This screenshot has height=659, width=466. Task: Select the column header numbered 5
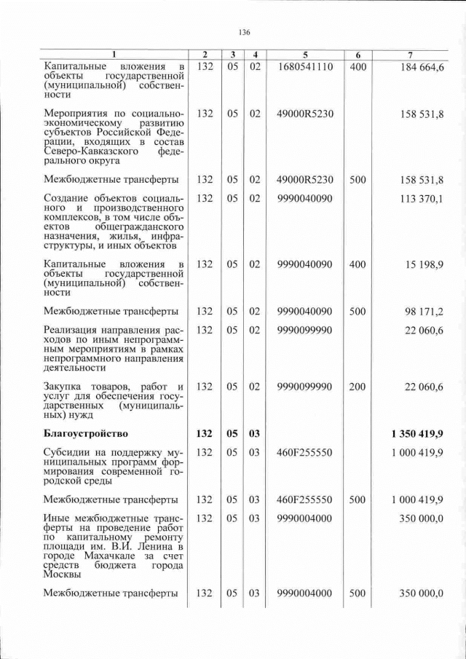click(x=306, y=55)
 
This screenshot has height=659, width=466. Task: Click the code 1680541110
click(x=306, y=67)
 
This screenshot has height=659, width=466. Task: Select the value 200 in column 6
click(x=357, y=387)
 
